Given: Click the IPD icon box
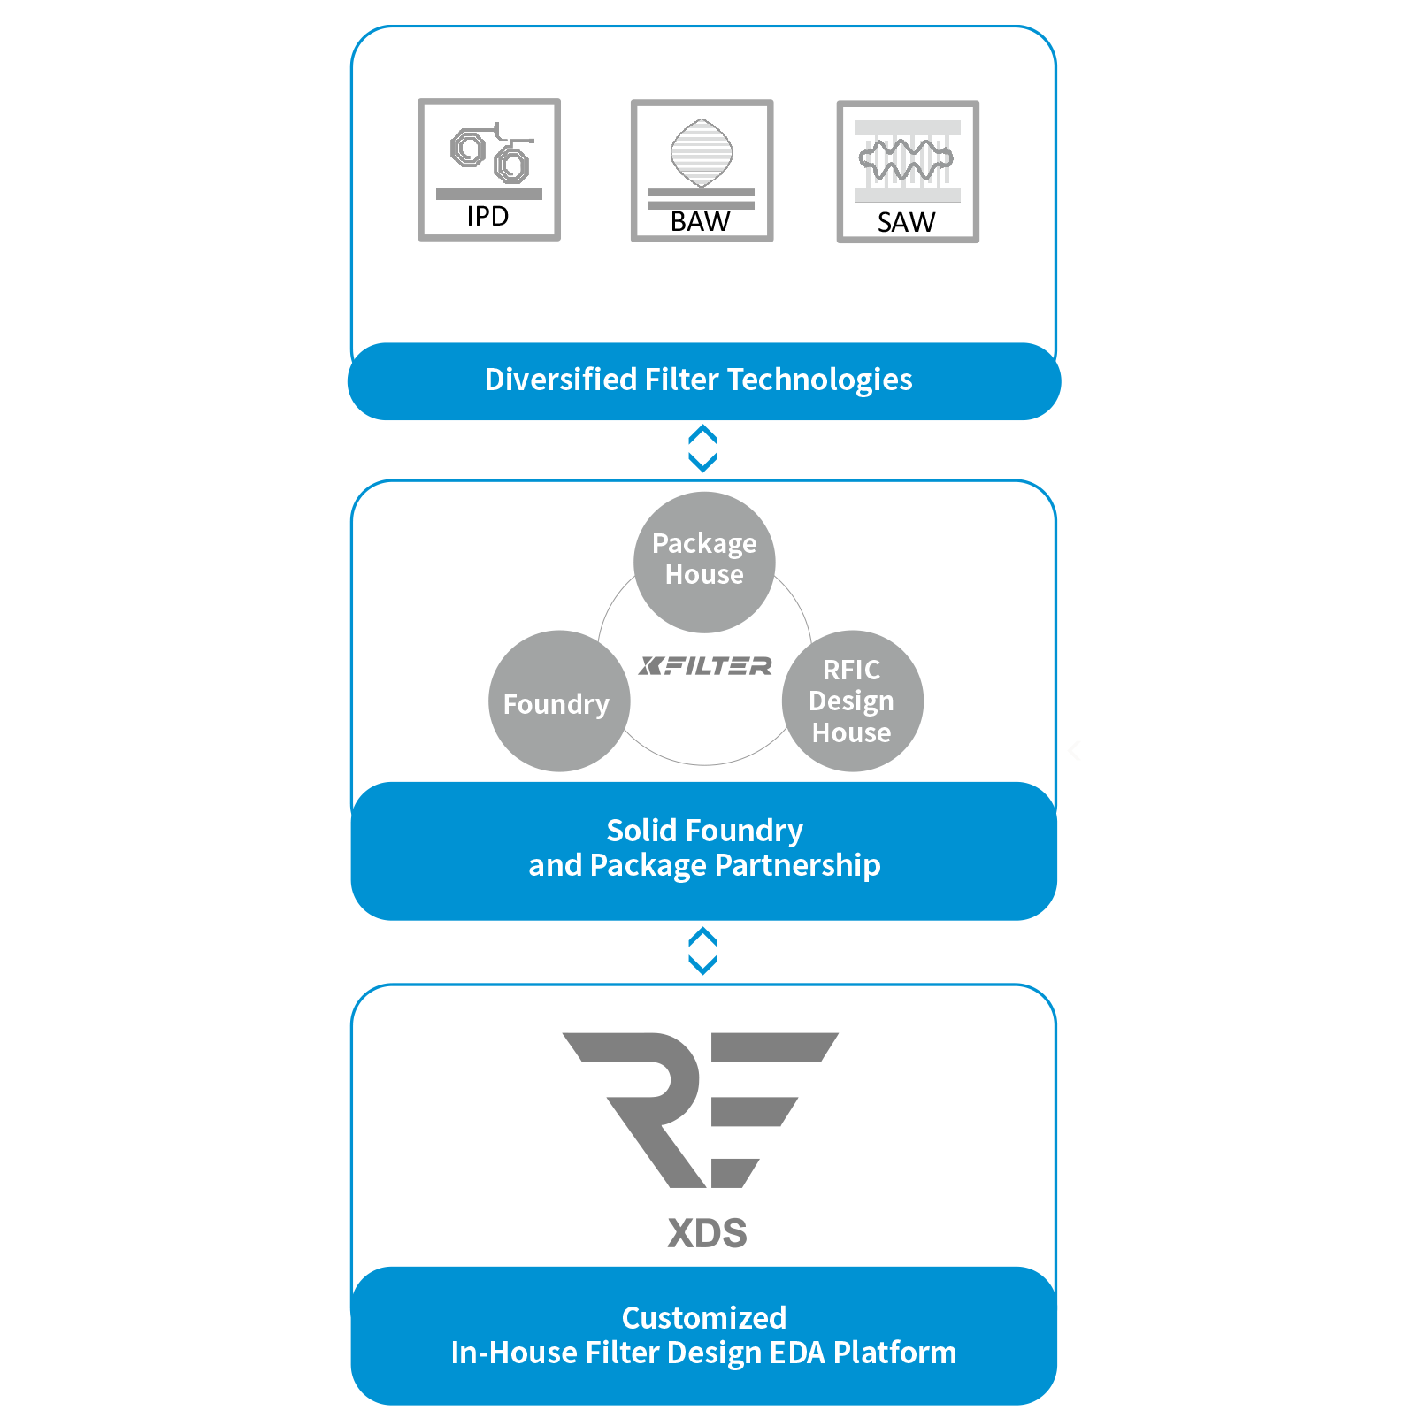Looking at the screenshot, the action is [489, 169].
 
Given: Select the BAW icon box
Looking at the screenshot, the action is [702, 170].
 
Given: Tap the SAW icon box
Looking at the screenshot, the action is [908, 172].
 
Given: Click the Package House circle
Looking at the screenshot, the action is [704, 563].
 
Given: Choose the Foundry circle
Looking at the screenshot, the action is [559, 701].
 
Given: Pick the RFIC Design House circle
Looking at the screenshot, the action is [853, 701].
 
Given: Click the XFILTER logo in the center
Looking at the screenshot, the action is [705, 665].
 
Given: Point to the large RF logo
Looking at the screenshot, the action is [701, 1109].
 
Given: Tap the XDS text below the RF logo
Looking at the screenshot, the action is [707, 1232].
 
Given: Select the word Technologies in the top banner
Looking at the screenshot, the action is [820, 380].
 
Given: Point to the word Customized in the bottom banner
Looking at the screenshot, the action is [704, 1318].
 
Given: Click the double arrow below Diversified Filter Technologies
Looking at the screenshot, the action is [703, 448].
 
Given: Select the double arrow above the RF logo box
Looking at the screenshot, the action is [703, 951].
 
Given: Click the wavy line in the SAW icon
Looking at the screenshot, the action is [906, 160].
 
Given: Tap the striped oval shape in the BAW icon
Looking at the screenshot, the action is [702, 153].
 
